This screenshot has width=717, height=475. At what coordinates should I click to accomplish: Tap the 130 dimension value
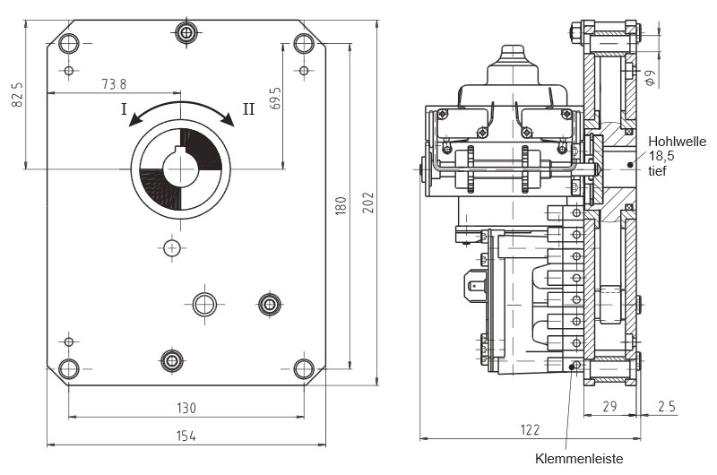(x=186, y=408)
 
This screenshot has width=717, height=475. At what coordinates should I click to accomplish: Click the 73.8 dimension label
(x=114, y=84)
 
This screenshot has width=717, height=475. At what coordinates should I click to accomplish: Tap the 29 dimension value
(x=610, y=407)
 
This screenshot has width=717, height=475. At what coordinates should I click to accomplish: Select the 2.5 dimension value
(x=667, y=407)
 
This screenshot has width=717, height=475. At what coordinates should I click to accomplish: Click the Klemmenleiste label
(x=578, y=460)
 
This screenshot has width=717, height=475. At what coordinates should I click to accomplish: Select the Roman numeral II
(x=248, y=108)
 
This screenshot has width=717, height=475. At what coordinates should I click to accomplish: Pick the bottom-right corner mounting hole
(x=306, y=367)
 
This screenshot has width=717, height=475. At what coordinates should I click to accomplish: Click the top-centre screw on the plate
(x=186, y=33)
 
